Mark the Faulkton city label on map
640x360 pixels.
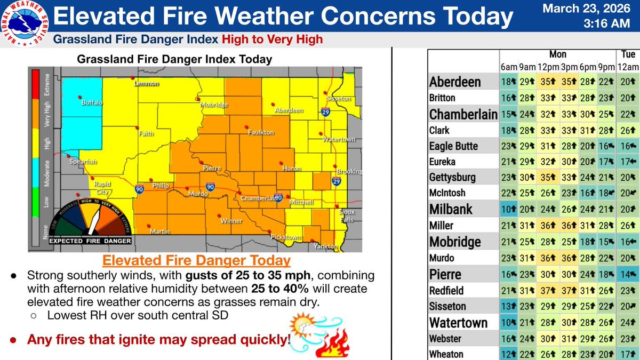(261, 132)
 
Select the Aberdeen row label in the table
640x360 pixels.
(455, 82)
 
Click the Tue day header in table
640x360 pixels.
(628, 54)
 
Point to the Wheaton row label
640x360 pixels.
(446, 354)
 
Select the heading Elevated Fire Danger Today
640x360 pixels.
(196, 261)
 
